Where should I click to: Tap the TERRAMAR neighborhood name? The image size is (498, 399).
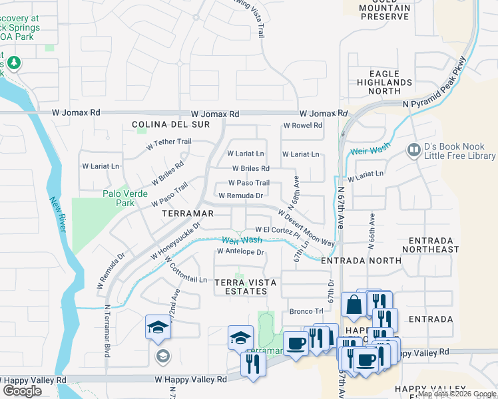(188, 213)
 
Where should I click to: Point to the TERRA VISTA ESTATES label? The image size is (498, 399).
(246, 287)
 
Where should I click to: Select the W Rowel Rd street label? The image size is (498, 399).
(302, 125)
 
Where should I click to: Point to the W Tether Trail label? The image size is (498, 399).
(168, 142)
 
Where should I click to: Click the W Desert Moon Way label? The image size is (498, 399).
(306, 229)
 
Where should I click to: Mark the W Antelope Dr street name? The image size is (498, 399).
(240, 252)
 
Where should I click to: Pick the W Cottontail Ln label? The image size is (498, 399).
(184, 271)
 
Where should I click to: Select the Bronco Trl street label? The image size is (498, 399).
(306, 311)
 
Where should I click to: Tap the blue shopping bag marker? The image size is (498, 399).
(353, 305)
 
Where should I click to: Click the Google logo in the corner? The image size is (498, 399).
(22, 391)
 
